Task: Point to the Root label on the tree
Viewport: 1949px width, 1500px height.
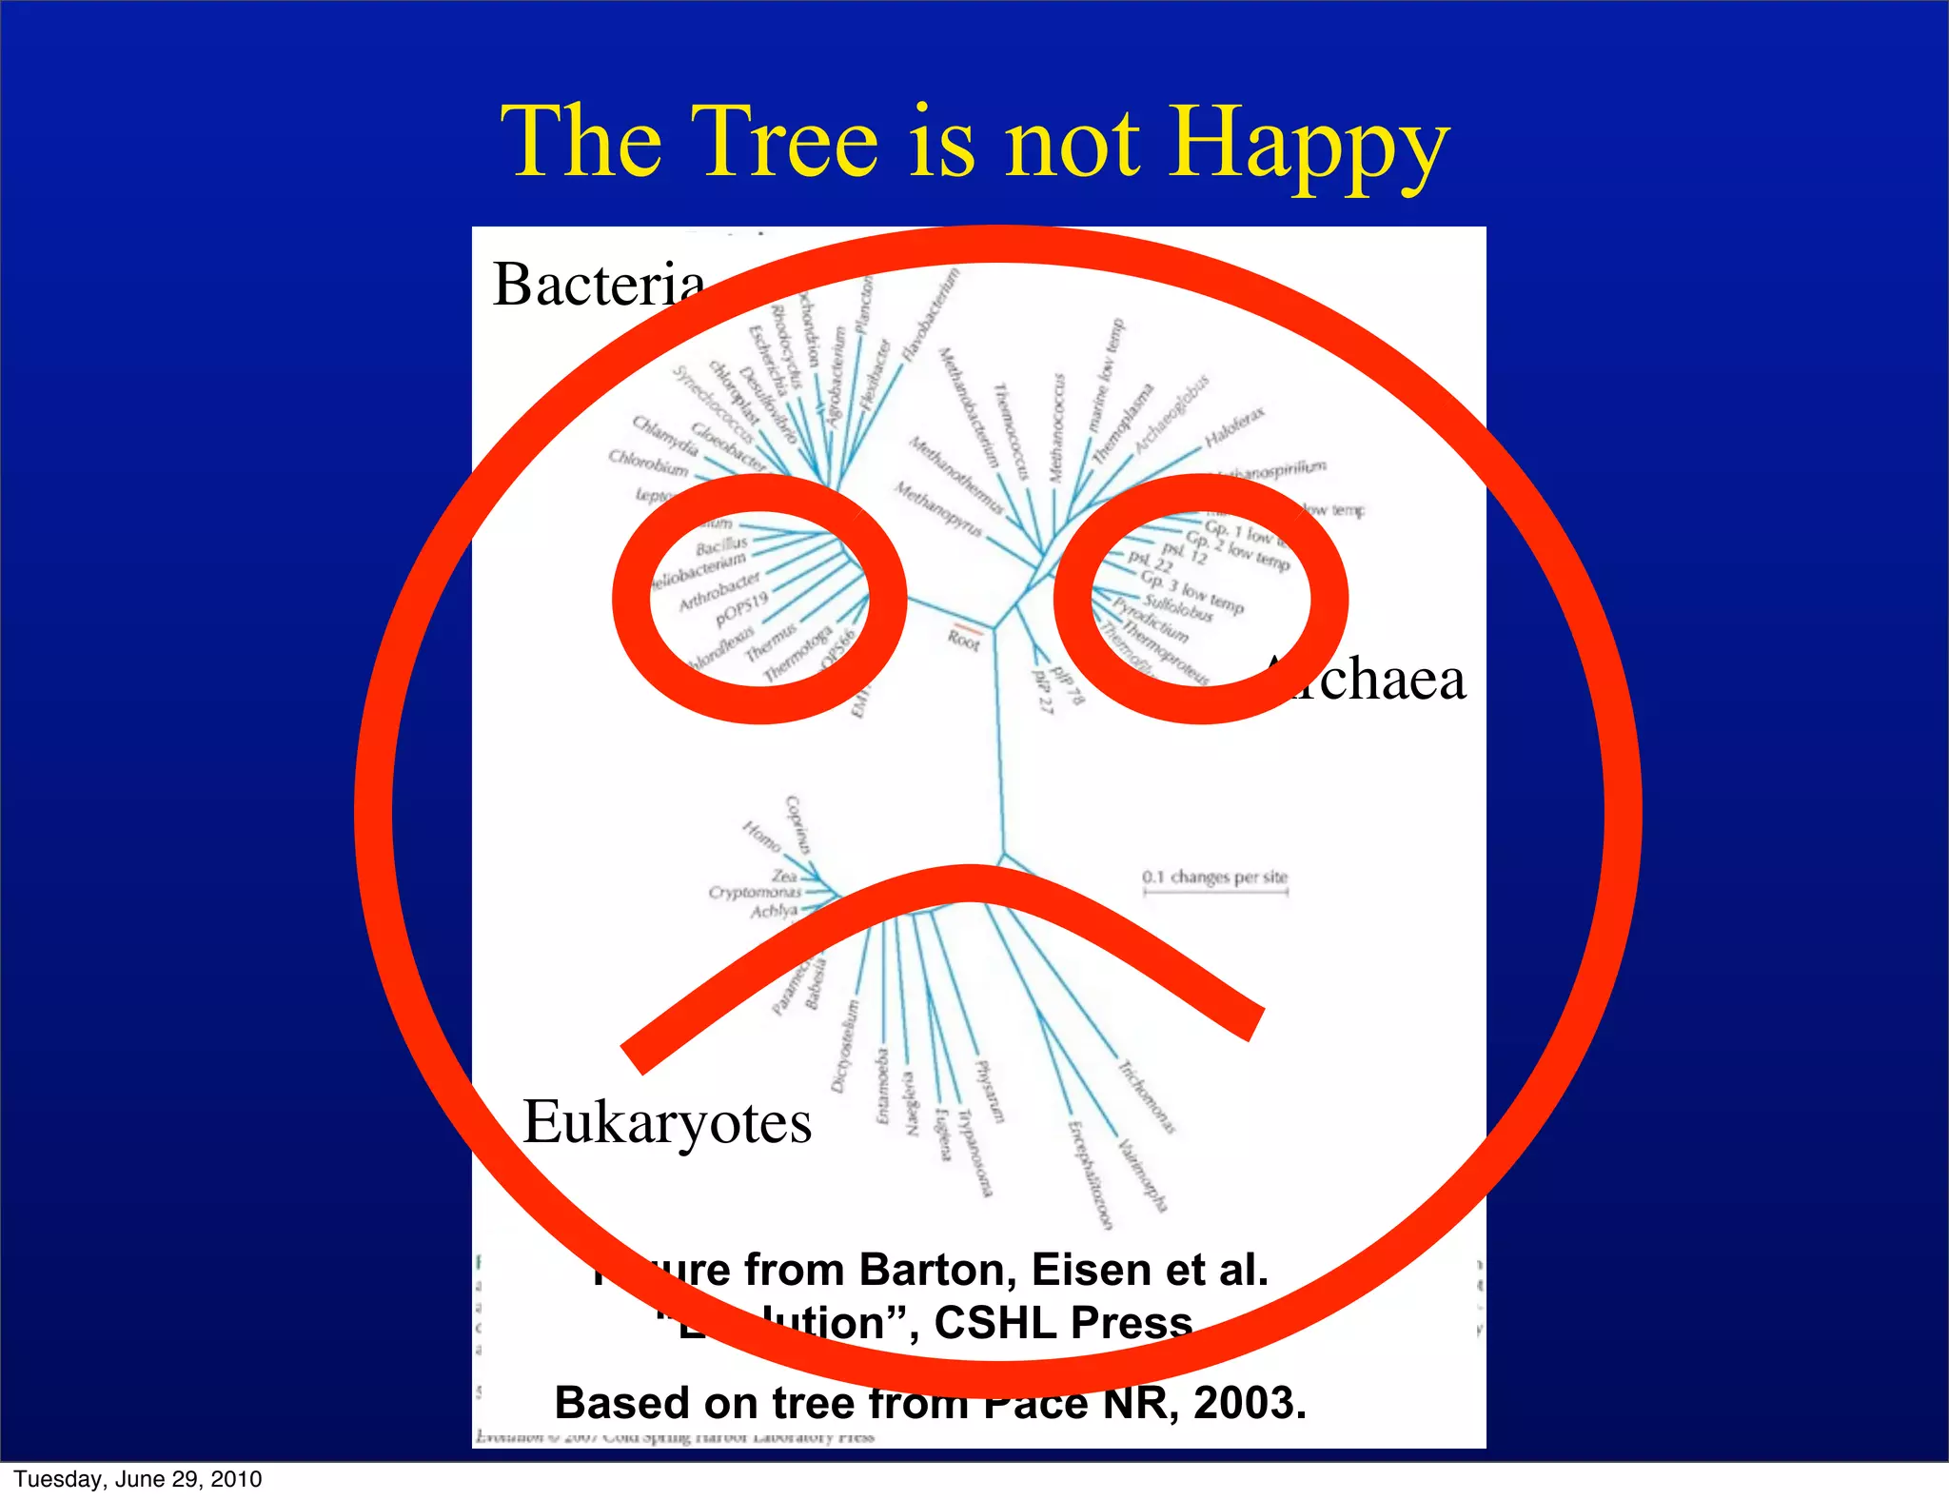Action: click(x=963, y=641)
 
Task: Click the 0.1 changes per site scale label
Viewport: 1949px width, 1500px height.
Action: click(x=1215, y=877)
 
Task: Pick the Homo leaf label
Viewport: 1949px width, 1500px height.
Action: click(x=761, y=837)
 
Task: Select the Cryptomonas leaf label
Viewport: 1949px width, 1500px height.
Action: click(x=755, y=892)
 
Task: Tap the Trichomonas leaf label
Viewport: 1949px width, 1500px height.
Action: click(x=1146, y=1097)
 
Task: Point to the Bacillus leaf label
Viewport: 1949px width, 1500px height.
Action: click(x=721, y=545)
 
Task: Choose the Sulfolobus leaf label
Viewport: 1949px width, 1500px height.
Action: click(x=1178, y=607)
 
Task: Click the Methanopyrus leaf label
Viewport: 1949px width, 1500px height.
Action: click(x=937, y=508)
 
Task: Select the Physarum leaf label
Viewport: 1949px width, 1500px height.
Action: click(x=990, y=1091)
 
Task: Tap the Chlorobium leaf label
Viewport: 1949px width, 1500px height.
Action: click(x=648, y=464)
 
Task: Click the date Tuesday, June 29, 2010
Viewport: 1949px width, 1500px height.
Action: click(x=138, y=1479)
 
